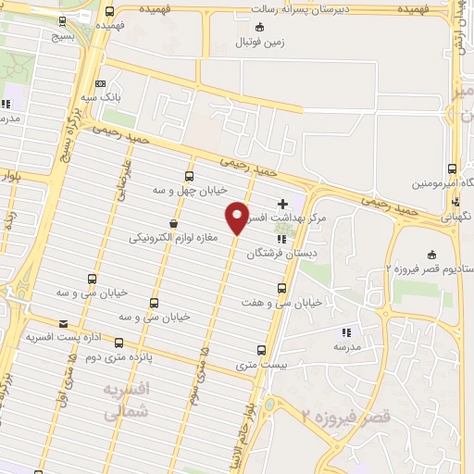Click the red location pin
(x=237, y=218)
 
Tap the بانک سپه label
(x=101, y=96)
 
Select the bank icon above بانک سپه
(x=101, y=83)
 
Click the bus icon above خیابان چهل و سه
(x=190, y=176)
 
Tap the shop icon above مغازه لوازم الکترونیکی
(x=173, y=224)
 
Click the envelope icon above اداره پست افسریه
(x=63, y=323)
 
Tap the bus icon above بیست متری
(x=261, y=351)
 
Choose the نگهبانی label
(x=454, y=215)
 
